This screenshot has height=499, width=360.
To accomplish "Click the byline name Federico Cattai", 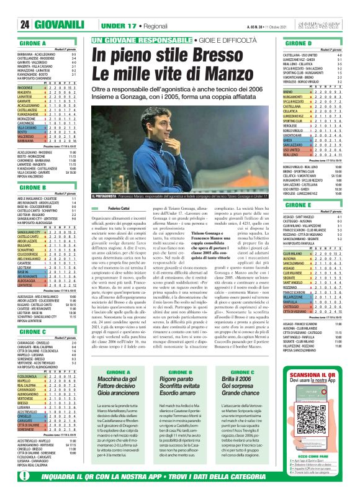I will click(x=103, y=225).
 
